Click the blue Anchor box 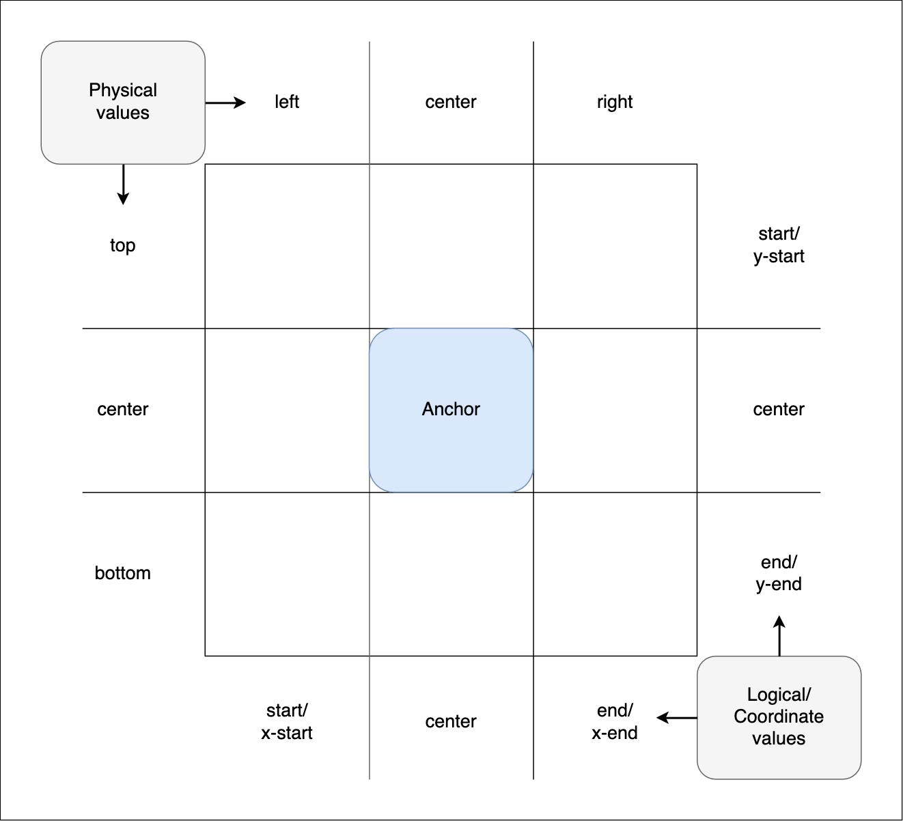click(x=451, y=437)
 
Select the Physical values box click(x=123, y=102)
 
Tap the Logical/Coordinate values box click(x=779, y=717)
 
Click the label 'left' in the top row click(x=287, y=102)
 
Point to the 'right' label click(x=615, y=102)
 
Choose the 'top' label click(x=123, y=245)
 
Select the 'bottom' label click(x=123, y=573)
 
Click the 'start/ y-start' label click(x=779, y=245)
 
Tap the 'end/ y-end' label click(x=779, y=573)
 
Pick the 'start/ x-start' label click(x=287, y=722)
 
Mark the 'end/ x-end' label click(x=615, y=722)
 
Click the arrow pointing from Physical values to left click(x=225, y=103)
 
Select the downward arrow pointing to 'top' click(x=123, y=184)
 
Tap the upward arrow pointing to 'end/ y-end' click(x=779, y=635)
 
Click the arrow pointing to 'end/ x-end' click(x=677, y=718)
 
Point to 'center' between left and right click(x=451, y=102)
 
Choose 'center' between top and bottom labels click(x=123, y=410)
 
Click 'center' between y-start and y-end click(x=779, y=410)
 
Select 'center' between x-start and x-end click(x=451, y=722)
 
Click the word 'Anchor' click(x=451, y=409)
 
